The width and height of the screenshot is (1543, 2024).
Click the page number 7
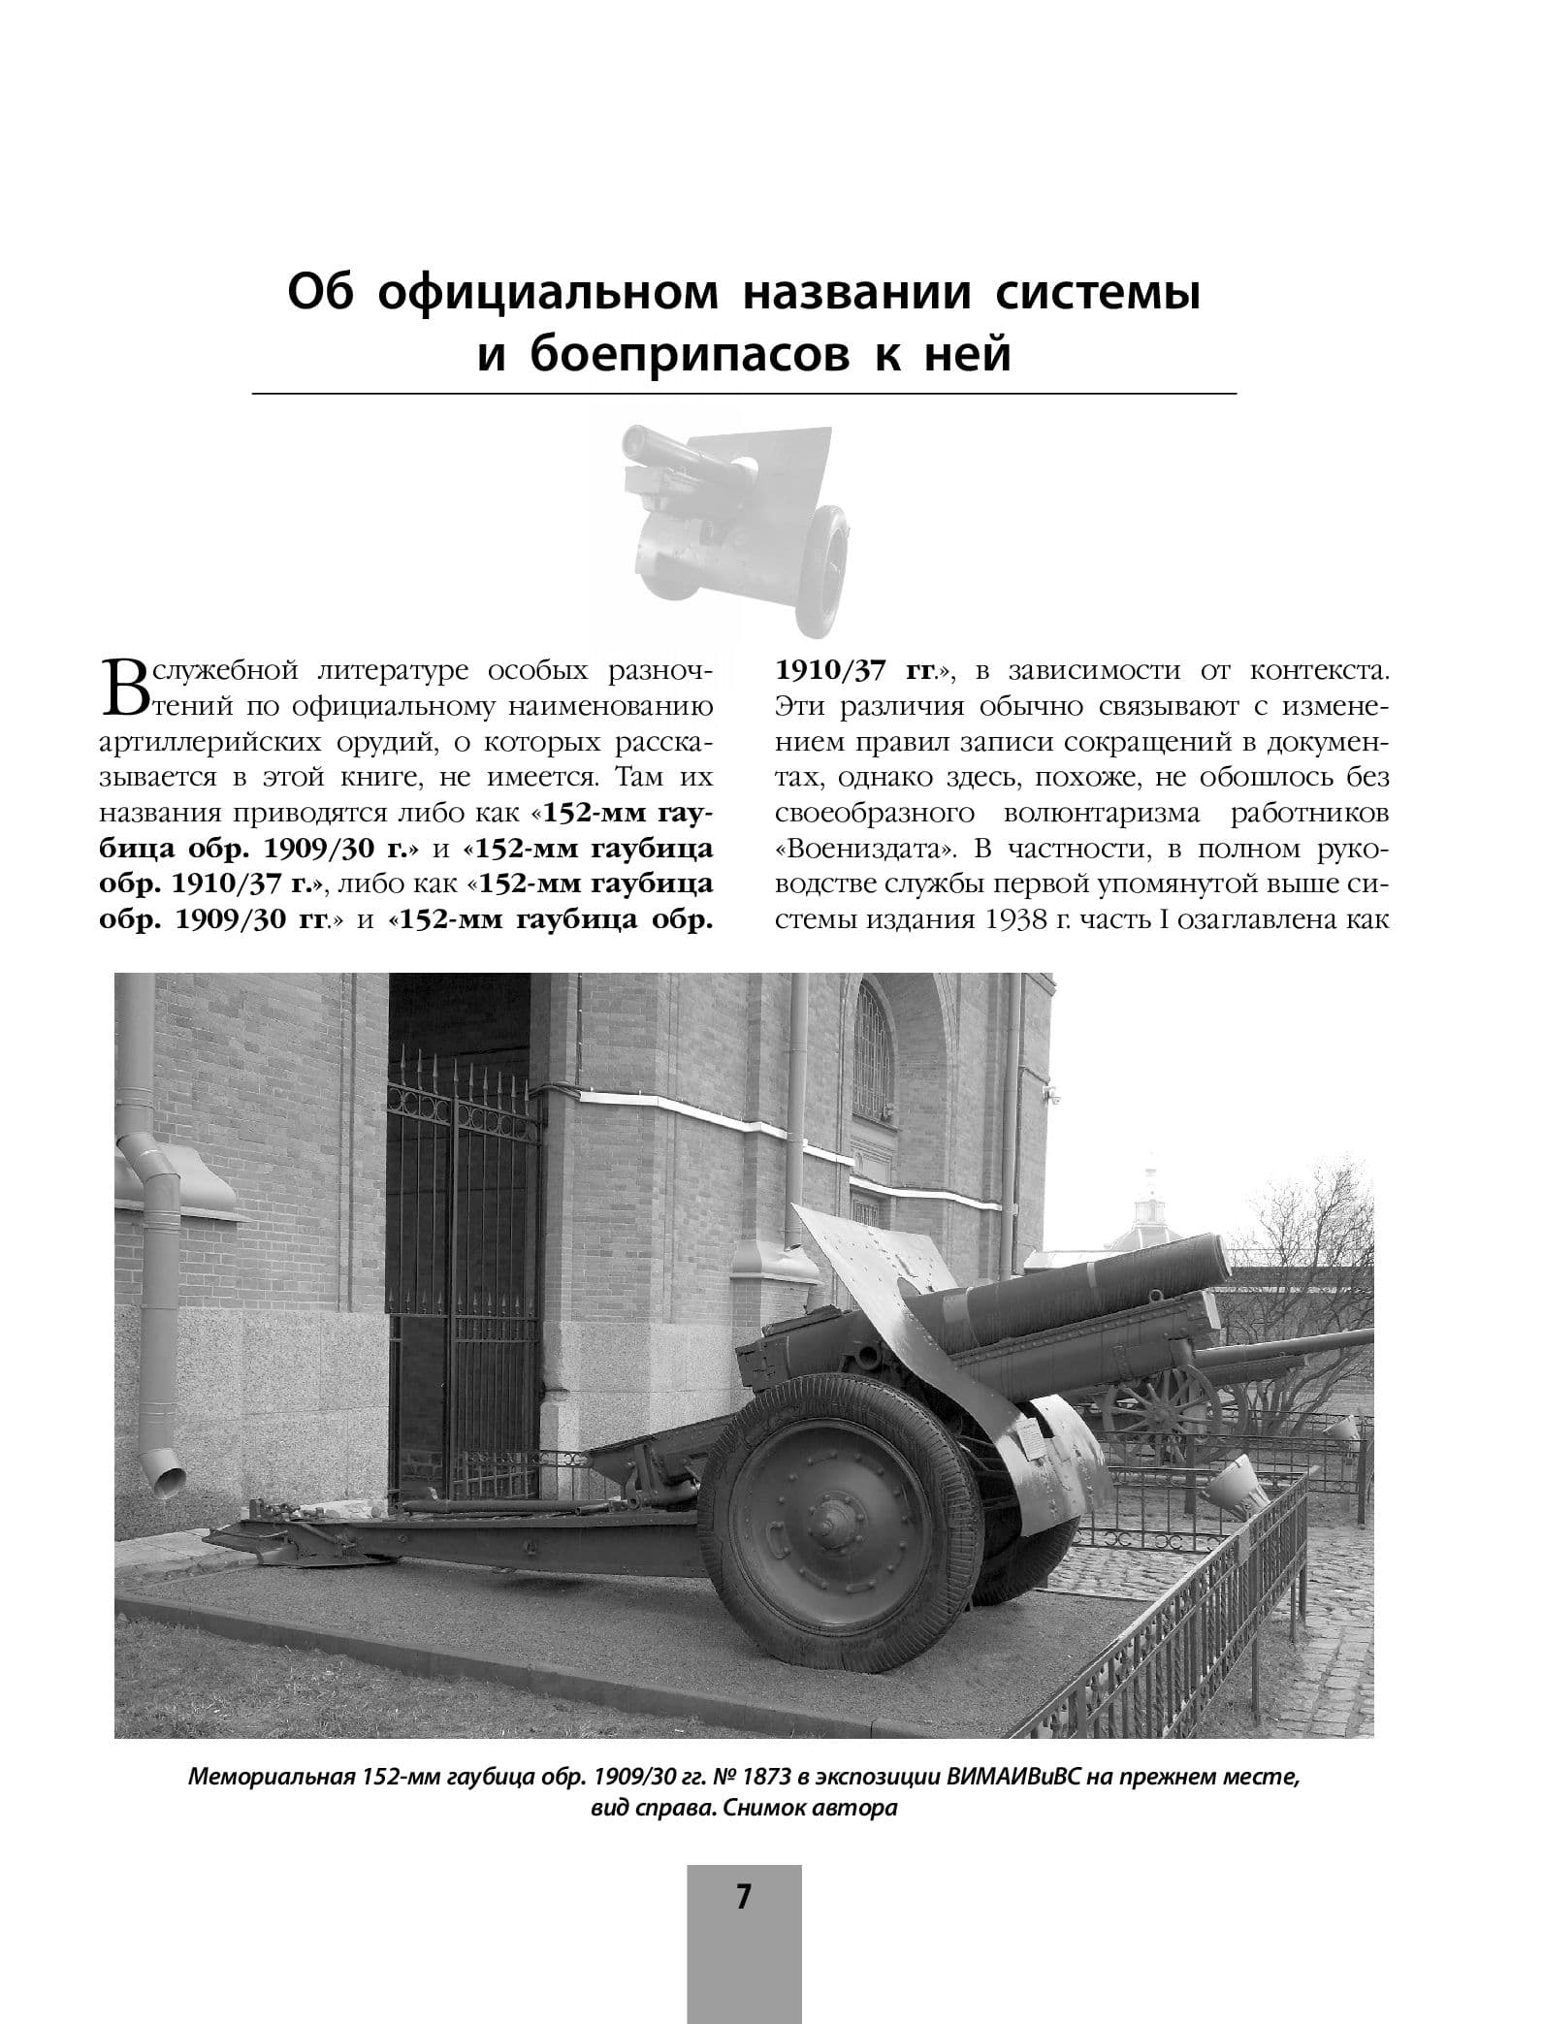pyautogui.click(x=744, y=1896)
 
